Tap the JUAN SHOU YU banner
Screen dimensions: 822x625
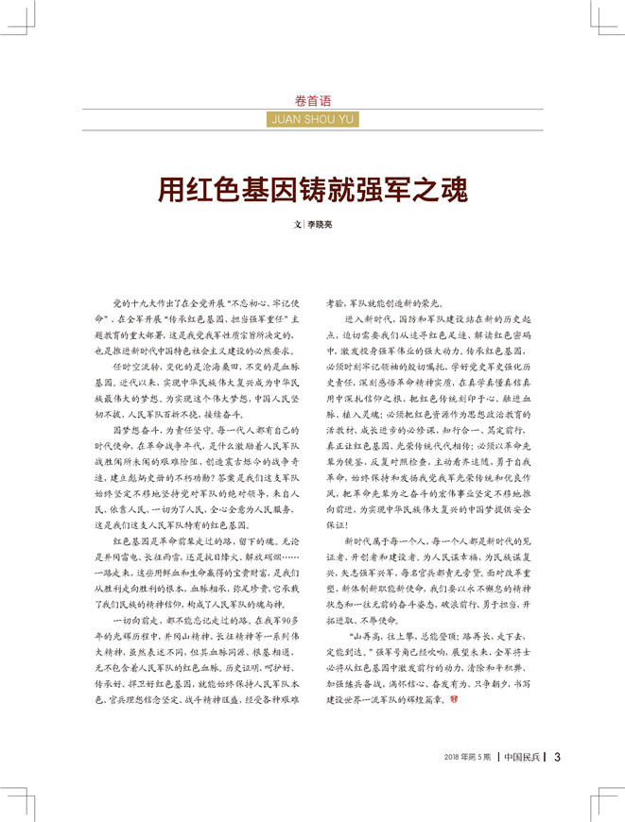click(312, 120)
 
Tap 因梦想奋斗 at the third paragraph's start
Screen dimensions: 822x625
click(132, 431)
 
